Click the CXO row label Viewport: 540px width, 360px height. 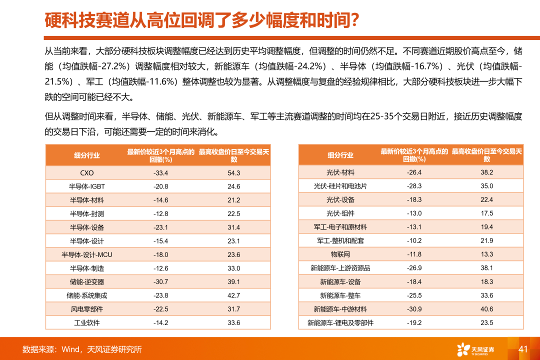point(87,173)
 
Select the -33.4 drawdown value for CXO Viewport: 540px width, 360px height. point(160,173)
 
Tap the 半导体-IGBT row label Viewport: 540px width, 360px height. point(87,186)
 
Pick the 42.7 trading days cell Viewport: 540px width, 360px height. point(233,295)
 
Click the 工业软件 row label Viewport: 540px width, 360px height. point(87,322)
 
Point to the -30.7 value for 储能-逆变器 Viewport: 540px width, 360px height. point(160,282)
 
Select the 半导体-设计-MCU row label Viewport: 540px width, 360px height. point(87,254)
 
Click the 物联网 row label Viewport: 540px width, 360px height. point(340,254)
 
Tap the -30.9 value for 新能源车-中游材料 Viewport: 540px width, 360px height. point(414,309)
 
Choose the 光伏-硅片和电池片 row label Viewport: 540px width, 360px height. point(340,186)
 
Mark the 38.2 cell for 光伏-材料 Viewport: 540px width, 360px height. point(487,173)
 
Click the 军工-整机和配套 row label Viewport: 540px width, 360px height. point(340,241)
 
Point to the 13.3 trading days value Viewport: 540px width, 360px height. point(487,254)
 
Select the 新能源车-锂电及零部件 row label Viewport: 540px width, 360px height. point(340,322)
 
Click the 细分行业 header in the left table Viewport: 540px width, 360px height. point(87,155)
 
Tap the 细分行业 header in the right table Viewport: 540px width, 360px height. point(340,155)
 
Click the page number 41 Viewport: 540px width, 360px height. point(523,349)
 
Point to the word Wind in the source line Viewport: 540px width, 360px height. point(70,349)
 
